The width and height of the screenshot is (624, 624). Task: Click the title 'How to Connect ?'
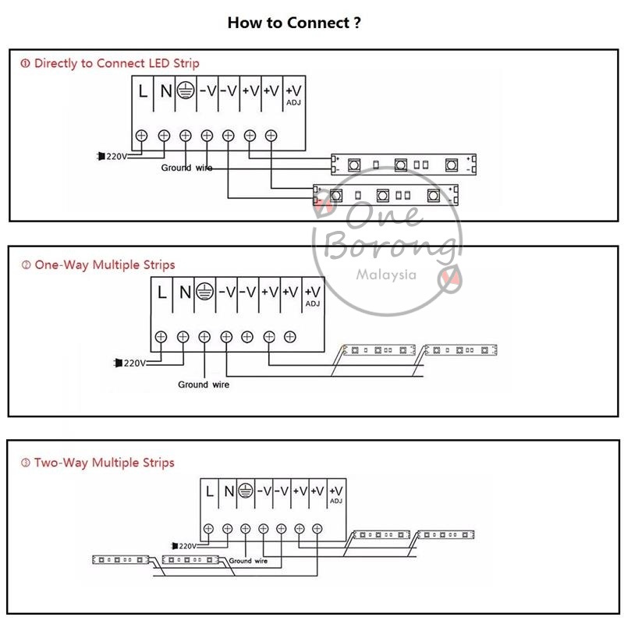294,23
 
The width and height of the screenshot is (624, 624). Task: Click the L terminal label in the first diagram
142,90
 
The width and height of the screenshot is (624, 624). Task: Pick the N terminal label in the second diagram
184,293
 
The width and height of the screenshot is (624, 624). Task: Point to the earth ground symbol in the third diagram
245,491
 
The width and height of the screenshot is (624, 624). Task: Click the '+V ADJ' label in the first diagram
294,94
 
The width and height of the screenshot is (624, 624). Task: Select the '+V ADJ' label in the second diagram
312,296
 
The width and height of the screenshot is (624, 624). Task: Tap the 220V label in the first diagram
115,156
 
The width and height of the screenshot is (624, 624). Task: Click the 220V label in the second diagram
134,363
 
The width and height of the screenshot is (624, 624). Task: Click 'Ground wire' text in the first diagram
186,168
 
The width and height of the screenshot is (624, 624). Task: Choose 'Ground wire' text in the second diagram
204,385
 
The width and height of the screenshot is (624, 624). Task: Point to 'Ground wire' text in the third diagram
248,561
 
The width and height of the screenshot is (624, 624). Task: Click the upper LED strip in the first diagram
402,164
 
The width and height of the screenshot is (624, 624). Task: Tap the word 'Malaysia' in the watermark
386,275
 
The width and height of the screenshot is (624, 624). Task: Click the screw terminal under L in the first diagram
142,135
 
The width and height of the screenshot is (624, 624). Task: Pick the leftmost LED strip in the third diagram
120,559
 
